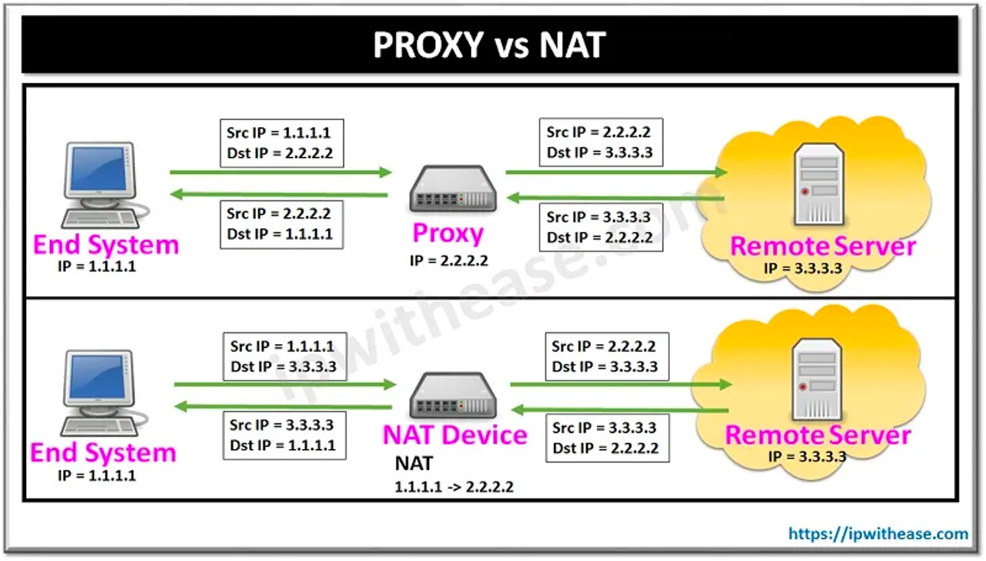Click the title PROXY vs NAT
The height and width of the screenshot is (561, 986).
[x=489, y=46]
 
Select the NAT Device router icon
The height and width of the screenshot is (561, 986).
[x=453, y=398]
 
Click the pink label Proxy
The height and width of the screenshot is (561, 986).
[x=448, y=234]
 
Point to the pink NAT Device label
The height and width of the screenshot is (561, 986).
[x=455, y=435]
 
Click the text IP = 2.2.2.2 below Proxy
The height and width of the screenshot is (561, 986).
[x=450, y=260]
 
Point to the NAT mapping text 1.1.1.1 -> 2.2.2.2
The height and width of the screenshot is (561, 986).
[x=454, y=487]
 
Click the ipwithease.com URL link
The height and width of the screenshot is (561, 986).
[x=878, y=534]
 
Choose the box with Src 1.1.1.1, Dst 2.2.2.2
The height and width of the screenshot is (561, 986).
[x=280, y=143]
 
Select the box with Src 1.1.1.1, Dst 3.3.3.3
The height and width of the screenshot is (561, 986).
[x=283, y=356]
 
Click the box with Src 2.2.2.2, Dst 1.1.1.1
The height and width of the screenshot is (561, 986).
[x=280, y=224]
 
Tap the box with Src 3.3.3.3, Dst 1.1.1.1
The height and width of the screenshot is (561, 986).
[x=283, y=436]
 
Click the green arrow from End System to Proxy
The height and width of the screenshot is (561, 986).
[x=280, y=172]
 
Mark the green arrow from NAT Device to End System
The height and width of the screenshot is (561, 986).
[x=283, y=407]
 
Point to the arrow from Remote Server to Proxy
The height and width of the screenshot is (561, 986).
[x=615, y=197]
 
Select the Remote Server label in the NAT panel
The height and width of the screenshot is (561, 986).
[x=818, y=435]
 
